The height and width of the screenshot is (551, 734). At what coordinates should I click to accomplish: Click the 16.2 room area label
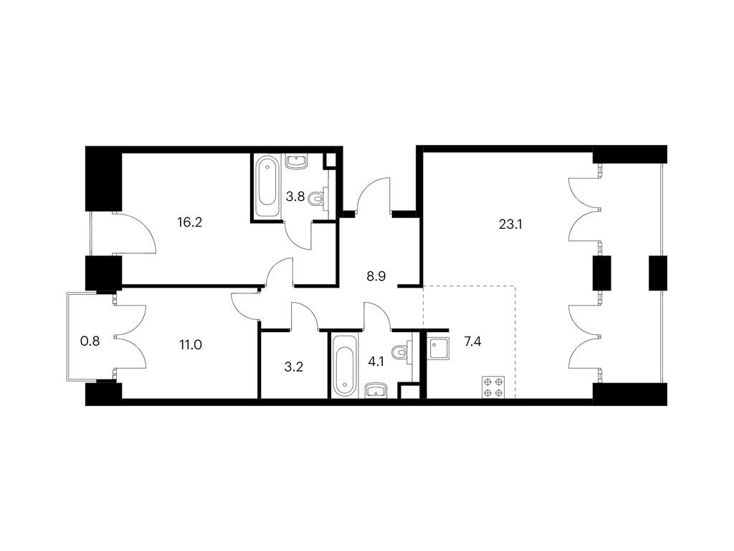point(189,222)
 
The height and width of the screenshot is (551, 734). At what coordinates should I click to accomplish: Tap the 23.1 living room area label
point(510,225)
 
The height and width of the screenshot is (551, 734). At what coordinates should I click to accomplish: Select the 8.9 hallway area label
point(376,276)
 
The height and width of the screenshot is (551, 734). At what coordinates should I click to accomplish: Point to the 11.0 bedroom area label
point(191,345)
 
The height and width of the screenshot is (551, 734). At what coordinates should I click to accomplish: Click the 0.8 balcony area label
point(90,341)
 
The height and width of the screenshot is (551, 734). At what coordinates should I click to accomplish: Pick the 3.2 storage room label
point(293,367)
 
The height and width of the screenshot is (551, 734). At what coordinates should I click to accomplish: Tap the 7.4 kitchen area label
point(472,342)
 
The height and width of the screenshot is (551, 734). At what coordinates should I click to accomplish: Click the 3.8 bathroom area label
point(295,197)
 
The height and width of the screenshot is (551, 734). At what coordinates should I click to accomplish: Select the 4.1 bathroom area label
point(376,362)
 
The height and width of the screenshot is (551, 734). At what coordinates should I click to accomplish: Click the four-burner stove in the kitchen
point(493,387)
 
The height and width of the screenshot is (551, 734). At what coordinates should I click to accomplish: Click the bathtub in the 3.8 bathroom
point(267,187)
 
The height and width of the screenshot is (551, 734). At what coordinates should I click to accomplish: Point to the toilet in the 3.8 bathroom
point(319,199)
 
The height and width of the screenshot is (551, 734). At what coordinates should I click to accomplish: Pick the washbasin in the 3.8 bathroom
point(296,162)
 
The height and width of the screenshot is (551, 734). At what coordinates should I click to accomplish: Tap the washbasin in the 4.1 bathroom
point(376,390)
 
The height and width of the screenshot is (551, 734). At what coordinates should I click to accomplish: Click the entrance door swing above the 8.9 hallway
point(373,195)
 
